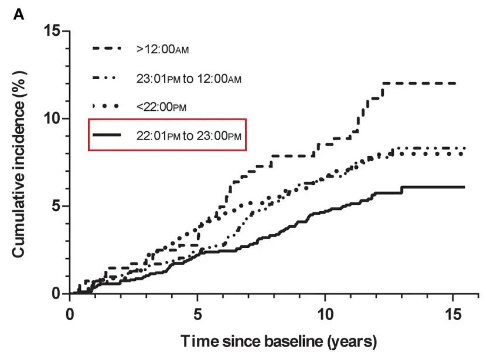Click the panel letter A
point(19,13)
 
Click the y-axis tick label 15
point(53,30)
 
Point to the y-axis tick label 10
point(53,118)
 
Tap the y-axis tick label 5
point(57,206)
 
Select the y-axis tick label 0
point(57,294)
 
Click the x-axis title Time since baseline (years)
point(278,341)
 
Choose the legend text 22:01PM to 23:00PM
point(188,135)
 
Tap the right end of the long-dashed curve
point(455,83)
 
